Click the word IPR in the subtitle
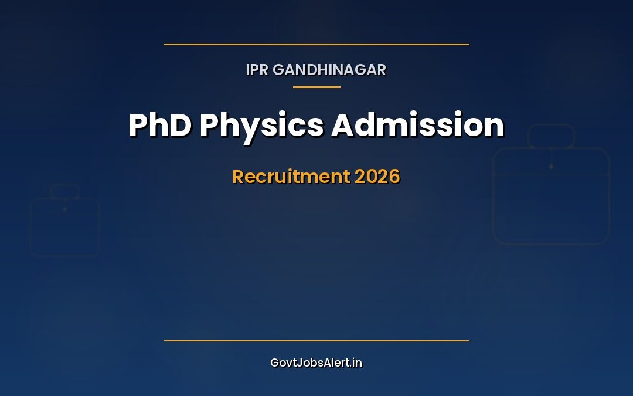click(257, 70)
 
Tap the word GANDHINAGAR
click(329, 70)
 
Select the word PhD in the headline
click(160, 125)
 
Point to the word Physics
click(261, 127)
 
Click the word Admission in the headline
click(418, 125)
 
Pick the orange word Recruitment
click(291, 177)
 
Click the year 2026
click(377, 177)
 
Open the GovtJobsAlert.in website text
click(316, 363)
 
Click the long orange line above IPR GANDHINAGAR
click(316, 45)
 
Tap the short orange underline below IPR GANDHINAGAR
click(316, 87)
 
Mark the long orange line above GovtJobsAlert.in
click(316, 341)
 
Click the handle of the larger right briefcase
click(551, 125)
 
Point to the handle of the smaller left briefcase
click(64, 185)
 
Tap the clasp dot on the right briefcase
click(551, 167)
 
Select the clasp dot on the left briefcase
click(64, 209)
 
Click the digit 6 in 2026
click(395, 177)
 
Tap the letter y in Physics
click(246, 131)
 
